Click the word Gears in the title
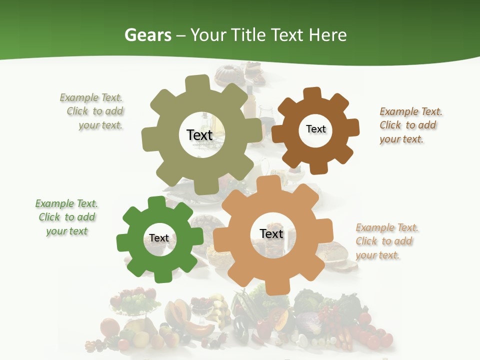click(x=148, y=35)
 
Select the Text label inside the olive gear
click(x=200, y=135)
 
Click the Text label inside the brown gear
click(x=316, y=129)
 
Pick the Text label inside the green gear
click(x=159, y=238)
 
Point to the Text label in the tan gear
click(x=271, y=233)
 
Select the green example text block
click(x=67, y=217)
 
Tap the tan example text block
click(x=386, y=241)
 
